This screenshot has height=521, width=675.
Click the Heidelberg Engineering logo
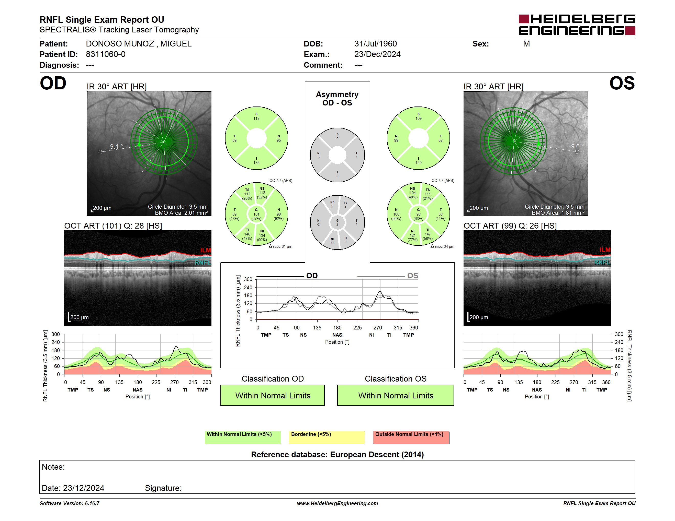[x=577, y=25]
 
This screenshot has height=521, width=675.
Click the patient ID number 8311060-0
[x=106, y=54]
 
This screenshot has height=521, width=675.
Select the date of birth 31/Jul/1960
[x=376, y=44]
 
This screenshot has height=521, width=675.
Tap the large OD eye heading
[x=53, y=83]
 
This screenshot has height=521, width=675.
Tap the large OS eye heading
[x=622, y=83]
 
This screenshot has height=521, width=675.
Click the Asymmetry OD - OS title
[x=337, y=99]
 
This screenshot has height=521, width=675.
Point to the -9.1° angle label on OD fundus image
[x=115, y=146]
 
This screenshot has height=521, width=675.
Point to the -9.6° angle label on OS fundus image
[x=576, y=146]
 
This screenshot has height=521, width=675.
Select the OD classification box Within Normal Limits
[x=273, y=395]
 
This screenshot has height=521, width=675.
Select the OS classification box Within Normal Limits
[x=396, y=395]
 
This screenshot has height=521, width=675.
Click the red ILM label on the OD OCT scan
[x=206, y=250]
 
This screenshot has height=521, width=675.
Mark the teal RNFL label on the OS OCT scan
[x=602, y=262]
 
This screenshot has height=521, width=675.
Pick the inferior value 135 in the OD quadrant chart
[x=256, y=163]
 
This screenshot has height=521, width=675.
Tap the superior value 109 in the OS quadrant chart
[x=419, y=119]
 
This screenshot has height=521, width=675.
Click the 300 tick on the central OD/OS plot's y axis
[x=248, y=279]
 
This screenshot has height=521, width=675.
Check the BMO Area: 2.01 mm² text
[x=181, y=213]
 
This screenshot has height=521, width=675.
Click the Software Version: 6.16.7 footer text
[x=70, y=503]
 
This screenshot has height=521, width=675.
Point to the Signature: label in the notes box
[x=163, y=488]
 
